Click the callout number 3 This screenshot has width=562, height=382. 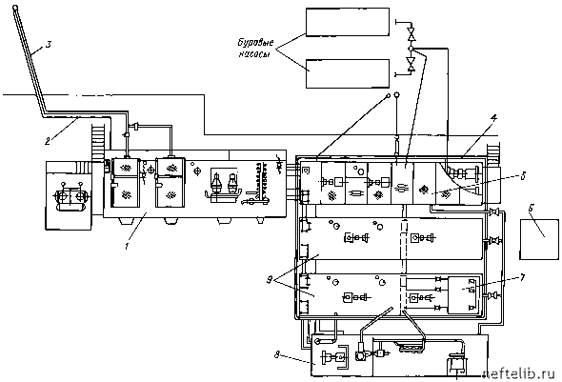point(49,45)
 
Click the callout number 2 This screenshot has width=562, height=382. point(48,141)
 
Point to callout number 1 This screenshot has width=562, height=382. point(127,246)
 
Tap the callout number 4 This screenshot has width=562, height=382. point(494,117)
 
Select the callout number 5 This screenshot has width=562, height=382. point(523,176)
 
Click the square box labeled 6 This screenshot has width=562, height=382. point(539,239)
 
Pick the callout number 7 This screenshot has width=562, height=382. point(522,277)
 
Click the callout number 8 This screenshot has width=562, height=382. point(276,354)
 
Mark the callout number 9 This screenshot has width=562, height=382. point(270,280)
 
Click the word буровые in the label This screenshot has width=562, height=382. point(256,43)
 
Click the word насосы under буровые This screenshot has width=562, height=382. point(254,54)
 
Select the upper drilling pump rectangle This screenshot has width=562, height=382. point(348,22)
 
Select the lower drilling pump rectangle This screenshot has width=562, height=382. point(348,73)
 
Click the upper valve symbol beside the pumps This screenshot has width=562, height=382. point(411,34)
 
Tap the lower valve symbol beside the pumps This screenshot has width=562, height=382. point(411,64)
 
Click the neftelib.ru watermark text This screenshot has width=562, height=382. point(522,373)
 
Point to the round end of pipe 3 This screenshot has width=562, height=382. point(14,8)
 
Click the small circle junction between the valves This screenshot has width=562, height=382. point(411,49)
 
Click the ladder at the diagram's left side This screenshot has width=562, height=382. point(98,140)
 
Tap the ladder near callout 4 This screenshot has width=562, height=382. point(493,154)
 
